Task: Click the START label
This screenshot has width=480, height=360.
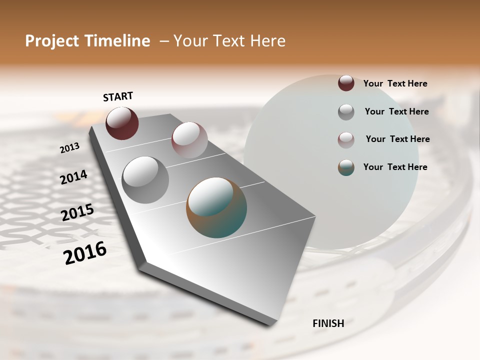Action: [118, 96]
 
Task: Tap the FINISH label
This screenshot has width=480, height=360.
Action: [328, 323]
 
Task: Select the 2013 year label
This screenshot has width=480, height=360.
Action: [70, 148]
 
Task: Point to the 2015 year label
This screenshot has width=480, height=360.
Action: [77, 212]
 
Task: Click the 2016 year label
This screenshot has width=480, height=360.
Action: [85, 253]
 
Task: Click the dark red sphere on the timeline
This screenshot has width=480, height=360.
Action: [122, 123]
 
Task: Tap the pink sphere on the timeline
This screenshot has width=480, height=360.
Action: [189, 139]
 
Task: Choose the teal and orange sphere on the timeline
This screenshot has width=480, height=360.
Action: [216, 207]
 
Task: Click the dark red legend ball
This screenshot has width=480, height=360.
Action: [346, 83]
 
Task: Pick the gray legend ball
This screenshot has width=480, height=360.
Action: [346, 111]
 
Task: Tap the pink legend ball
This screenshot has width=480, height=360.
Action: [346, 139]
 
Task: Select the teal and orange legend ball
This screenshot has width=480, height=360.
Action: [346, 167]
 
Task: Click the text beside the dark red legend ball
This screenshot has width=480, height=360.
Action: [395, 83]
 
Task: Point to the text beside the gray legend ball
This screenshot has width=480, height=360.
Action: [396, 111]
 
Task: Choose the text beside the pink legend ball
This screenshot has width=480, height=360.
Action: [397, 139]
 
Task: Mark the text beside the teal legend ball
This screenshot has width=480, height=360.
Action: [395, 167]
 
